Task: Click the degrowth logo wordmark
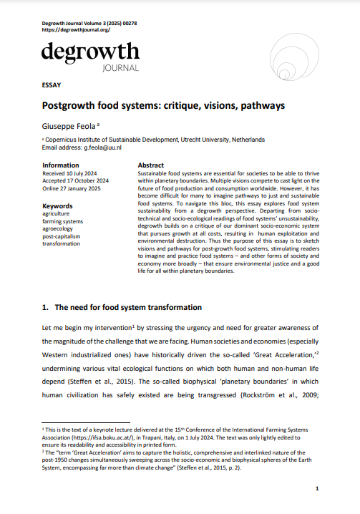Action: pos(90,53)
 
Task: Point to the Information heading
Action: pos(61,165)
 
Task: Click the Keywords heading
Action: pos(57,205)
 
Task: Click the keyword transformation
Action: pos(62,243)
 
